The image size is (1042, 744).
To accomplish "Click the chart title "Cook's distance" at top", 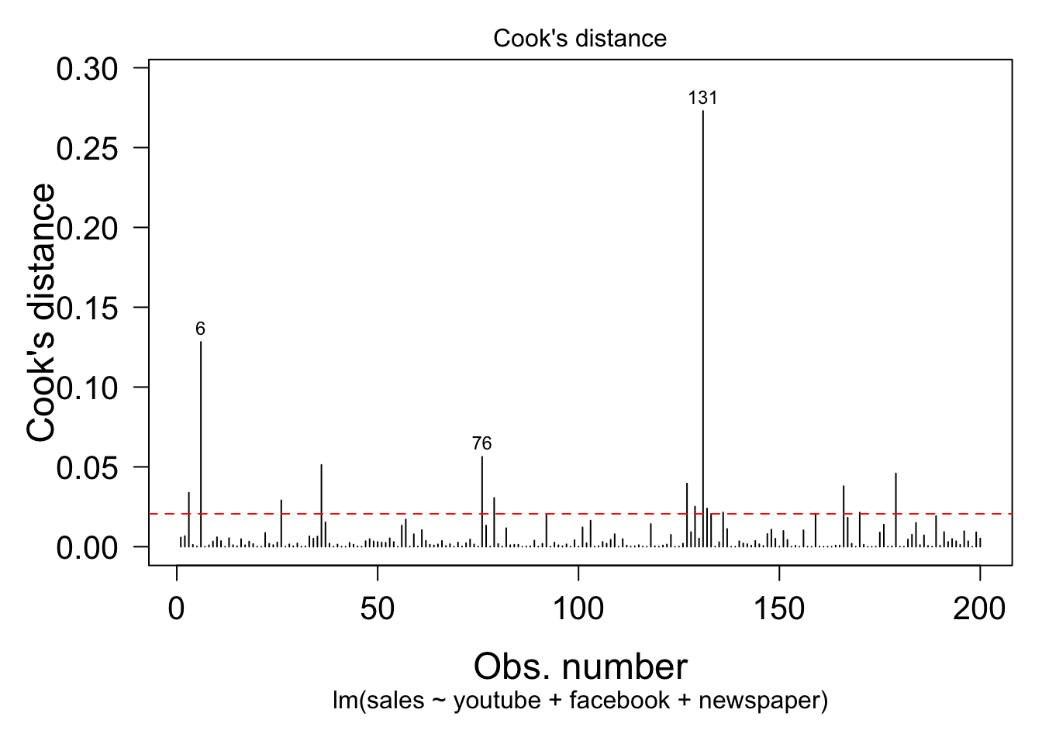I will pyautogui.click(x=579, y=39).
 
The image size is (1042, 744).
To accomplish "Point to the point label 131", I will pyautogui.click(x=703, y=98).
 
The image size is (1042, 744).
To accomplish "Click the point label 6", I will pyautogui.click(x=201, y=329).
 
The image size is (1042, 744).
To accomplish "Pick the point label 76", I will pyautogui.click(x=481, y=444).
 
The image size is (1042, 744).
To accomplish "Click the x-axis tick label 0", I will pyautogui.click(x=177, y=608).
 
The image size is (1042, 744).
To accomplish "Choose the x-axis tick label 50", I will pyautogui.click(x=378, y=608).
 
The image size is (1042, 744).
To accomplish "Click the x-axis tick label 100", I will pyautogui.click(x=578, y=608).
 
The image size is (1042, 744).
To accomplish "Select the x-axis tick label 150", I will pyautogui.click(x=779, y=608).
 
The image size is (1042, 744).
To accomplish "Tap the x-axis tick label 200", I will pyautogui.click(x=980, y=608).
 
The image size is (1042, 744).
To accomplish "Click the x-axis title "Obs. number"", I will pyautogui.click(x=580, y=666).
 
